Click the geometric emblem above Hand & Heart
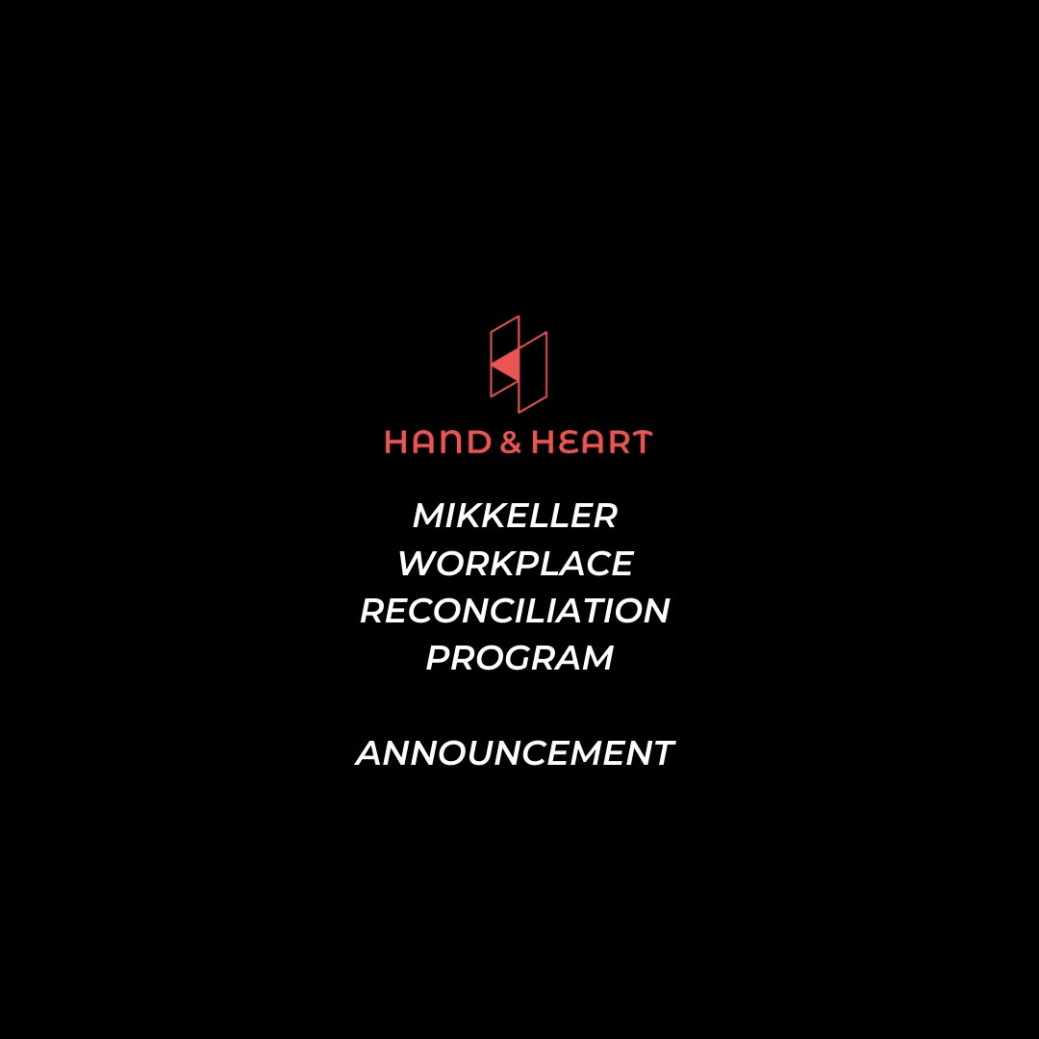(519, 364)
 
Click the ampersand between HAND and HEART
(510, 443)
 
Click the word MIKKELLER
(515, 517)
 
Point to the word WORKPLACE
(515, 564)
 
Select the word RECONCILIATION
(515, 611)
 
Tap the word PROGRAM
(519, 659)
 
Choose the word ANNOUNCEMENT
(515, 753)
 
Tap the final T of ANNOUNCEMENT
(661, 753)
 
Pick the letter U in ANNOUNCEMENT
(478, 753)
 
